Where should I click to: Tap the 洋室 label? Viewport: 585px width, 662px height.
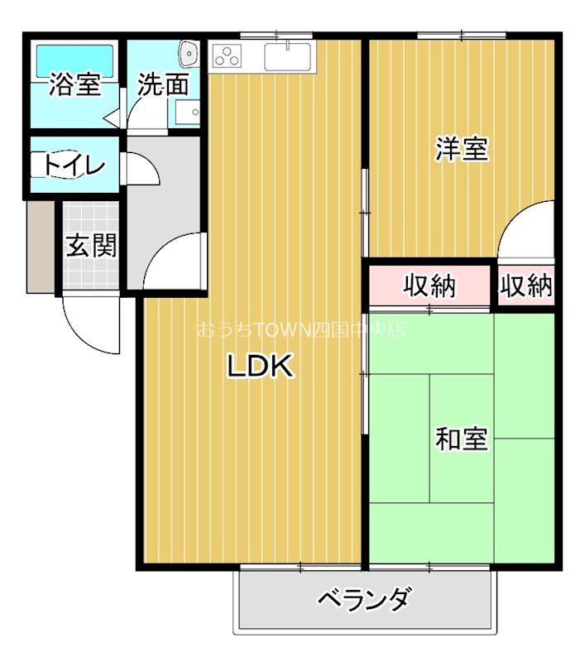tap(462, 149)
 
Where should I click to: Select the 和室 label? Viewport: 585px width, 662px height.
tap(462, 439)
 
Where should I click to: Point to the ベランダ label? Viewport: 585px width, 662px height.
tap(363, 597)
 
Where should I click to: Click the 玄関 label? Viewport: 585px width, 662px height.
tap(91, 245)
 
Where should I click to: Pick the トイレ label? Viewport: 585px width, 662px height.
tap(74, 165)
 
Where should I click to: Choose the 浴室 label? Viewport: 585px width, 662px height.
tap(75, 84)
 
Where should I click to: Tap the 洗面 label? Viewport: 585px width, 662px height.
tap(163, 84)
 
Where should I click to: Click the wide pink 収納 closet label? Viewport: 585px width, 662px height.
tap(429, 286)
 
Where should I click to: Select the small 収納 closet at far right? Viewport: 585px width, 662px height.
tap(526, 286)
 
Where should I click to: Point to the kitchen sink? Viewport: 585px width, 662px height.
tap(287, 57)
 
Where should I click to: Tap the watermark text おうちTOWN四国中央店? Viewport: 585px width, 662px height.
tap(300, 329)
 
